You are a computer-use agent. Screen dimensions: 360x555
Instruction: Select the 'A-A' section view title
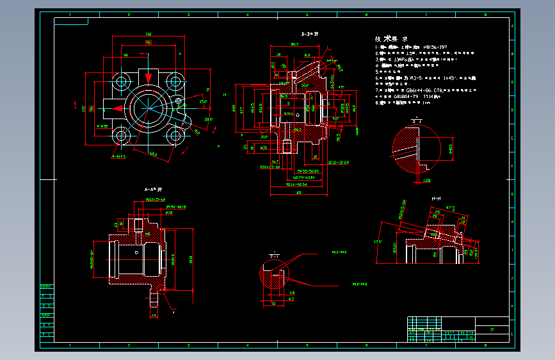pyautogui.click(x=153, y=190)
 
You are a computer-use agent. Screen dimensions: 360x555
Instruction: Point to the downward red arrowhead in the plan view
pyautogui.click(x=149, y=77)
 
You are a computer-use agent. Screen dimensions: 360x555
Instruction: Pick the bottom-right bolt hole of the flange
pyautogui.click(x=175, y=136)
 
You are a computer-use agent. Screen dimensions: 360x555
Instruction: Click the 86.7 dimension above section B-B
pyautogui.click(x=294, y=44)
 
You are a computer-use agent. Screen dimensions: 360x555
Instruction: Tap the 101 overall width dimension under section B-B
pyautogui.click(x=298, y=191)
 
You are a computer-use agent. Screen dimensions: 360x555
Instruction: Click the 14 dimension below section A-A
pyautogui.click(x=154, y=315)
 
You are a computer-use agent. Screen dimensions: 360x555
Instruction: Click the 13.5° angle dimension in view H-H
pyautogui.click(x=378, y=242)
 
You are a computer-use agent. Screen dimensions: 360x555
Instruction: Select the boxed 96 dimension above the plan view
pyautogui.click(x=148, y=42)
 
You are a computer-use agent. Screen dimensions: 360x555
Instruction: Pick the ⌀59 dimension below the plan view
pyautogui.click(x=153, y=154)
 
